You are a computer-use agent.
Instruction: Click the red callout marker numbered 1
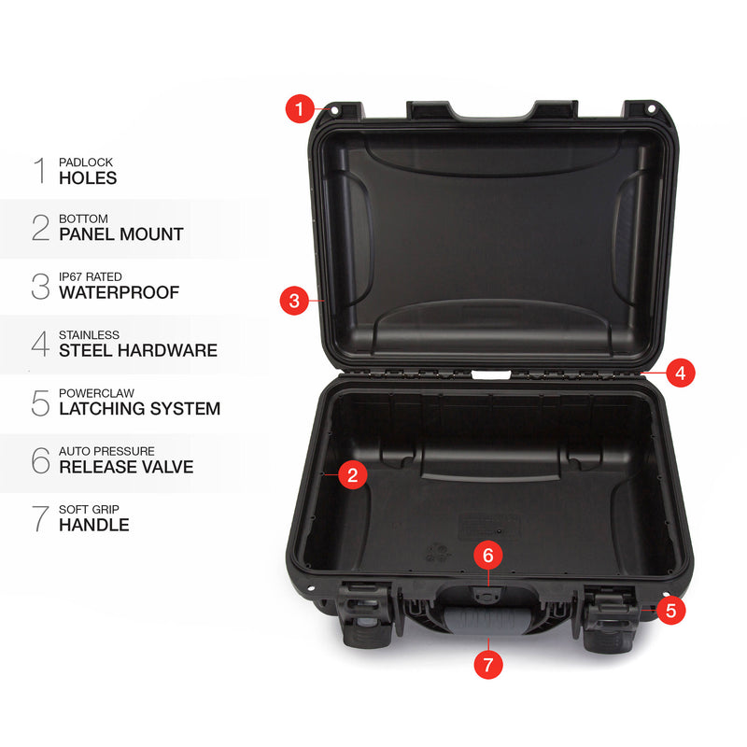[x=300, y=108]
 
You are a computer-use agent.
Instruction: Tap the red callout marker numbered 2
[x=353, y=475]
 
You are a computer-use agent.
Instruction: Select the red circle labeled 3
[x=294, y=301]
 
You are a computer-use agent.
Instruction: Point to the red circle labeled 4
[x=681, y=373]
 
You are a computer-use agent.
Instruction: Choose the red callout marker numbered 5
[x=670, y=611]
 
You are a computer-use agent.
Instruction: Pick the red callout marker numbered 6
[x=487, y=555]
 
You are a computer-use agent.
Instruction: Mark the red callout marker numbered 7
[x=488, y=664]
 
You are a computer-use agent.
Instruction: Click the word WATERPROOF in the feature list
[x=120, y=292]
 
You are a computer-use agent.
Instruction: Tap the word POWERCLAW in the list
[x=96, y=393]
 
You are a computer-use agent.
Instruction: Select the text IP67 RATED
[x=91, y=276]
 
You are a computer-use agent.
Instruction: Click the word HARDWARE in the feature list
[x=168, y=351]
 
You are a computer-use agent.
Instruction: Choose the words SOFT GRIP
[x=89, y=509]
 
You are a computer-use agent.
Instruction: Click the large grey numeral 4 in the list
[x=40, y=344]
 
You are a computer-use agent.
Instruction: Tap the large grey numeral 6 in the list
[x=40, y=459]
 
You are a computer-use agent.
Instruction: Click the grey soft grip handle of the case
[x=485, y=620]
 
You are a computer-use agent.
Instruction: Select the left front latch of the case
[x=365, y=613]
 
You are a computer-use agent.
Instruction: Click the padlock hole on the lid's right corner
[x=651, y=109]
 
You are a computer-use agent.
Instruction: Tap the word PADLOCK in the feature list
[x=86, y=162]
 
